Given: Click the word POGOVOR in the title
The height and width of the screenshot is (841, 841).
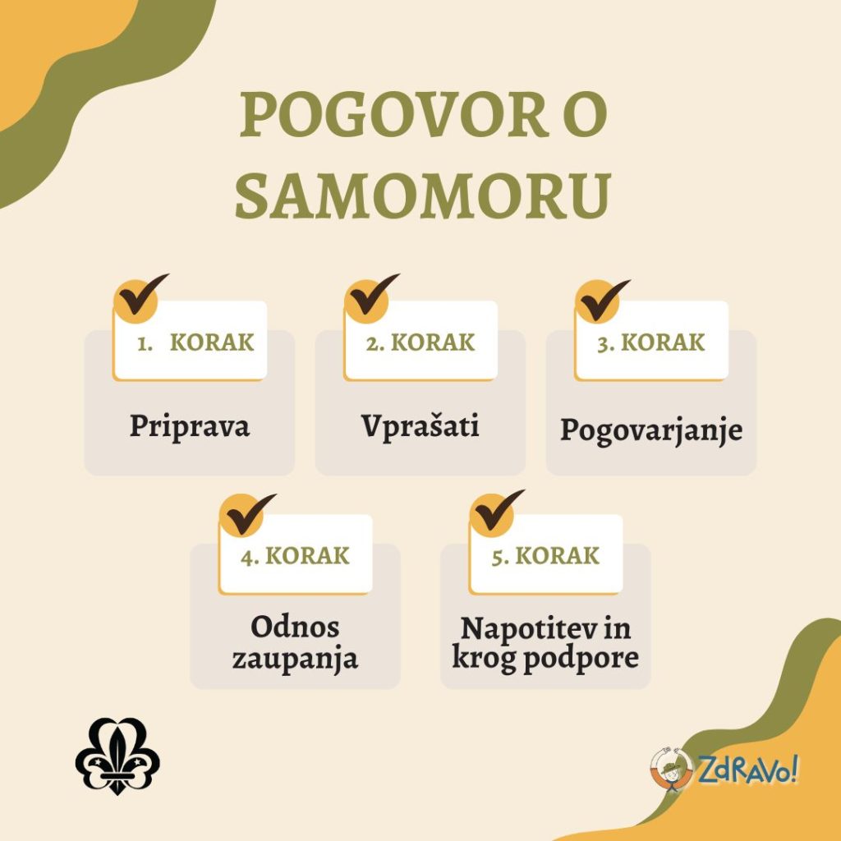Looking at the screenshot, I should [393, 116].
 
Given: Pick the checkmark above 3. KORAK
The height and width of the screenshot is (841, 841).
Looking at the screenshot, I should [601, 299].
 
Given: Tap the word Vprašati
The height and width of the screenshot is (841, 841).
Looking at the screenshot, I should [420, 426].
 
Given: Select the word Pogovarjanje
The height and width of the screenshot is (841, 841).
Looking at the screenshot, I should [650, 430].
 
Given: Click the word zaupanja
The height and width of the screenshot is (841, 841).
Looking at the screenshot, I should [295, 659].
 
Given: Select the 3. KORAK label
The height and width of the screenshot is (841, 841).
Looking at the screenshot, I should [650, 342].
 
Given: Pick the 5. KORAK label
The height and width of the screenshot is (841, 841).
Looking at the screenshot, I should [545, 556].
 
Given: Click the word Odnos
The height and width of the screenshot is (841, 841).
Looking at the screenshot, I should [295, 628].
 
